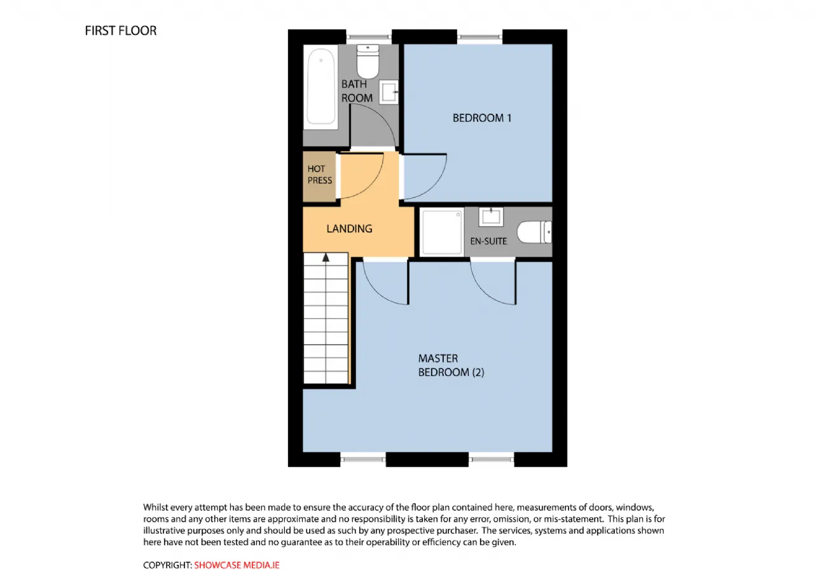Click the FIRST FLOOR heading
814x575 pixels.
click(120, 30)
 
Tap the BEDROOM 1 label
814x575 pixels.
click(481, 118)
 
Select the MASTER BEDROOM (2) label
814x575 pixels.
click(451, 365)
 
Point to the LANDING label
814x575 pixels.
click(349, 229)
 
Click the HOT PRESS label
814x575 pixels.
click(320, 175)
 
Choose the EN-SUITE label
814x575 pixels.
click(488, 241)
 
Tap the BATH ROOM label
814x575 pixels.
click(357, 91)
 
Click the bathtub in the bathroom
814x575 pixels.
click(321, 88)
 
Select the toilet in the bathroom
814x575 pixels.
click(368, 60)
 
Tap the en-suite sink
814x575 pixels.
click(492, 216)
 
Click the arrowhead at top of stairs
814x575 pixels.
click(326, 257)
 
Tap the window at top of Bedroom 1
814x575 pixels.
click(479, 37)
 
